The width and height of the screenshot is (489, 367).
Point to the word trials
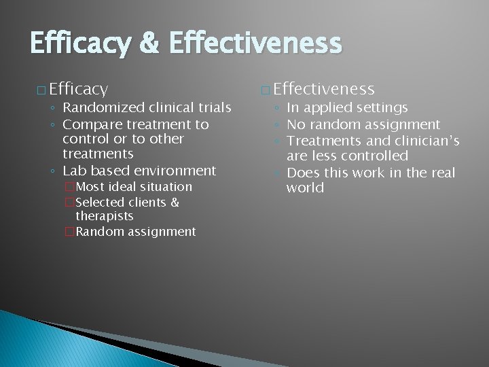pos(211,107)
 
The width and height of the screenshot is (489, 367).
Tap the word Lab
pos(75,171)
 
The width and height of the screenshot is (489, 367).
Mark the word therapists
pos(104,216)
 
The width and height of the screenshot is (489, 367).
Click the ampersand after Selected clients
pos(175,202)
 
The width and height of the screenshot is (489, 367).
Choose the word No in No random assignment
pos(295,124)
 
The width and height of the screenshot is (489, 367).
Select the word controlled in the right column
pos(372,156)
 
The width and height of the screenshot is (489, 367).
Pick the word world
pos(305,187)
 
